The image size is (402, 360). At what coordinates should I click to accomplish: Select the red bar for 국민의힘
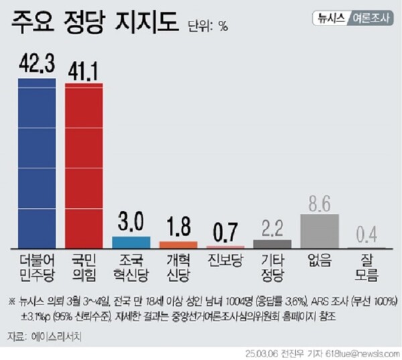pos(84,165)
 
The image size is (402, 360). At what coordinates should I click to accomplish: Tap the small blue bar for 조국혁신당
pos(131,242)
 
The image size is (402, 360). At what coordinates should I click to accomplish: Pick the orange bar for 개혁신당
pos(178,245)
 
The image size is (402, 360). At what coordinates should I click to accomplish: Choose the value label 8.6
pos(319,201)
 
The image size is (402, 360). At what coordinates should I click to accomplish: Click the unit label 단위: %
pos(208,27)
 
